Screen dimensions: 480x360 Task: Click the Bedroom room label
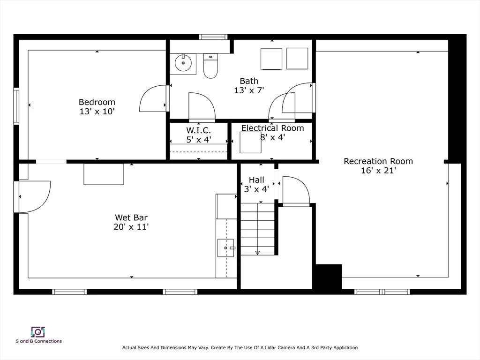click(97, 102)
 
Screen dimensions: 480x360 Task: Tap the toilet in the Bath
click(210, 66)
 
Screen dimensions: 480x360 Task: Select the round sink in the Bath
click(183, 63)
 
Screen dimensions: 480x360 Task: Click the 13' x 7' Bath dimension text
click(249, 90)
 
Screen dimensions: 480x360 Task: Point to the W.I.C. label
click(198, 130)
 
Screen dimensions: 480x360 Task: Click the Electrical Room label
click(272, 128)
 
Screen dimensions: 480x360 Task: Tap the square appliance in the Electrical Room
click(250, 142)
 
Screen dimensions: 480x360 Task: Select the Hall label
click(256, 180)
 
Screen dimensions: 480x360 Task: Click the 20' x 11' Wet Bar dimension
click(131, 227)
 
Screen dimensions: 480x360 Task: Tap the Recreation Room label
click(378, 161)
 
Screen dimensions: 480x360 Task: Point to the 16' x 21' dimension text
click(378, 171)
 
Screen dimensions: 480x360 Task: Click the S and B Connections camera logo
click(38, 332)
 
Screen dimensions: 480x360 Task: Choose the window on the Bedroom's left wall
click(16, 106)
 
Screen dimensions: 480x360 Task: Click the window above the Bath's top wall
click(213, 37)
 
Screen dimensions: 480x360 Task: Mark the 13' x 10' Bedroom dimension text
click(97, 112)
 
